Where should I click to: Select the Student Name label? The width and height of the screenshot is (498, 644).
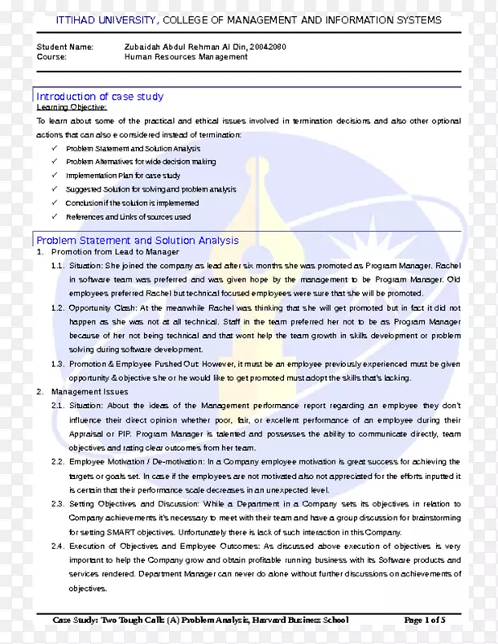click(x=65, y=47)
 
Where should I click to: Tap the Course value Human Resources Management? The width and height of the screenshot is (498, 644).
click(x=186, y=58)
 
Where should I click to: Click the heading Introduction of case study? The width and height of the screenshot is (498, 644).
click(x=100, y=97)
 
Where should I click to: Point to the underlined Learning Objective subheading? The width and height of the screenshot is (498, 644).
click(x=72, y=107)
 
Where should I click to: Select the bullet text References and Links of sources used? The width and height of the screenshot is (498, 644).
click(x=128, y=217)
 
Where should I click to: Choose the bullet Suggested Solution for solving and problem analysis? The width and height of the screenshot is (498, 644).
click(x=150, y=190)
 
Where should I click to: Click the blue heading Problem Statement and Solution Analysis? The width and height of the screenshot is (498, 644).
click(x=138, y=240)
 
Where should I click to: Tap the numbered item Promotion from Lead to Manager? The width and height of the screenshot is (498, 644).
click(x=115, y=252)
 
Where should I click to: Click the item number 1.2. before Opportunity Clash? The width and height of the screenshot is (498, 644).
click(x=57, y=308)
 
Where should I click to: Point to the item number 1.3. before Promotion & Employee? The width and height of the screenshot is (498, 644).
click(x=57, y=364)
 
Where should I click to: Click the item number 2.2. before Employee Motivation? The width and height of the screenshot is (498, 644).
click(x=57, y=462)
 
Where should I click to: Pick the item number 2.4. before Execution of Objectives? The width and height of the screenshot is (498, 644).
click(x=57, y=546)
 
